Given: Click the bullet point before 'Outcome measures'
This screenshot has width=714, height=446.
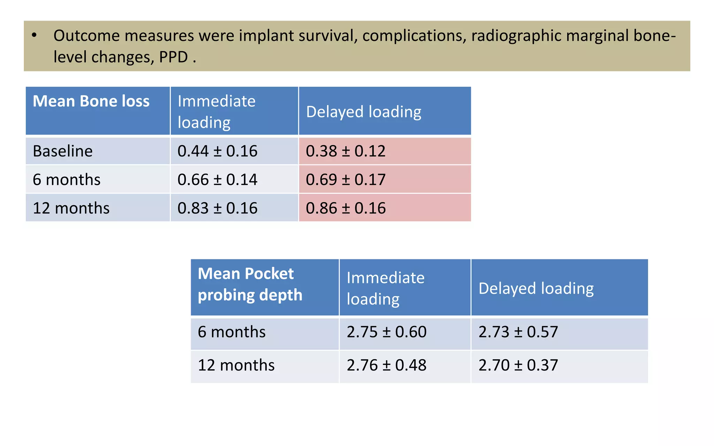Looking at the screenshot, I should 34,35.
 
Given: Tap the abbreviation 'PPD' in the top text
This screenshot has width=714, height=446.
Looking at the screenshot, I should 173,57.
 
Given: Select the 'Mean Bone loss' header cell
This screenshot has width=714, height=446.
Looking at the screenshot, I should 91,101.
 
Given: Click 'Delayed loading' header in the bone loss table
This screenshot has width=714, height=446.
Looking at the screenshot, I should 363,112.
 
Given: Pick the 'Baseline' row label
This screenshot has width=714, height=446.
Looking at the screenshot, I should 63,151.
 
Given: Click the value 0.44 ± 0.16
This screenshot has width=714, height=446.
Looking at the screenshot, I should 217,151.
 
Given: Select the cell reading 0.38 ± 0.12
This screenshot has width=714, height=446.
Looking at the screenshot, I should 345,151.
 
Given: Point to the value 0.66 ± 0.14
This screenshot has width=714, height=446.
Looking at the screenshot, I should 217,180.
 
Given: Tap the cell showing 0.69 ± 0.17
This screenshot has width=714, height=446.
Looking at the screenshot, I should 345,180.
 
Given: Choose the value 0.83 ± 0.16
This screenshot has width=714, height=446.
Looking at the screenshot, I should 217,208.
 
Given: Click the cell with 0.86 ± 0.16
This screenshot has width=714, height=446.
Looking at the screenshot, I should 345,208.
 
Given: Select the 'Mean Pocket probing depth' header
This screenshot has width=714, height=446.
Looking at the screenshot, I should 250,284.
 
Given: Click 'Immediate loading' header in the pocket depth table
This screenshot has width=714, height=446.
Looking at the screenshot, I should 385,289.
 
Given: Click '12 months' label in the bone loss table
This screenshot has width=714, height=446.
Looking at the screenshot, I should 71,208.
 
